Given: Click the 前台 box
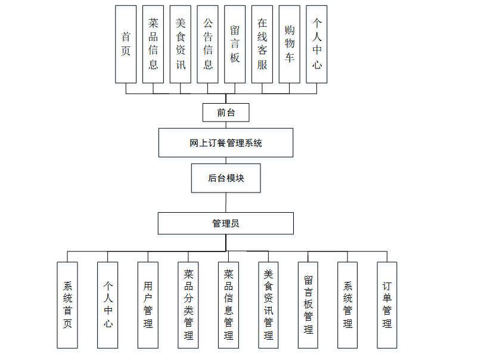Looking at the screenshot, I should click(226, 112).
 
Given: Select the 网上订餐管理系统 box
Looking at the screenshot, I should click(226, 142).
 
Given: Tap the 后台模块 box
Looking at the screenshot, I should click(226, 178).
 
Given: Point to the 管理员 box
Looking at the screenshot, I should click(226, 224).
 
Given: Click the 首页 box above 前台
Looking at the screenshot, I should click(126, 44).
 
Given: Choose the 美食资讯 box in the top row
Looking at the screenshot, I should click(181, 44).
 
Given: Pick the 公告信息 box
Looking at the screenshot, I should click(208, 44).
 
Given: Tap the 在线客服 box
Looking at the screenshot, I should click(262, 44).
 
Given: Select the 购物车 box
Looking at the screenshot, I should click(290, 44).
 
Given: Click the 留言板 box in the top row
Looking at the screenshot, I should click(235, 44).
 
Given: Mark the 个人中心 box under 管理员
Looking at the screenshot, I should click(108, 305).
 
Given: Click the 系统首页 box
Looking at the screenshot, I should click(67, 305).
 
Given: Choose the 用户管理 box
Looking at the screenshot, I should click(148, 305).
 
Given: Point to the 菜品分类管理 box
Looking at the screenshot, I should click(188, 305).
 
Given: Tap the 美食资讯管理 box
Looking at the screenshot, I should click(268, 305).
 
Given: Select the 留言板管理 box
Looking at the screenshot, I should click(308, 305).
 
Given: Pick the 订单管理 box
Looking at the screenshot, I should click(387, 305).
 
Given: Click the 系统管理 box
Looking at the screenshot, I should click(347, 305).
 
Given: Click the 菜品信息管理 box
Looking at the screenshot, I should click(228, 305).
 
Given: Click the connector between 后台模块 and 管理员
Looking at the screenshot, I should click(226, 203).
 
